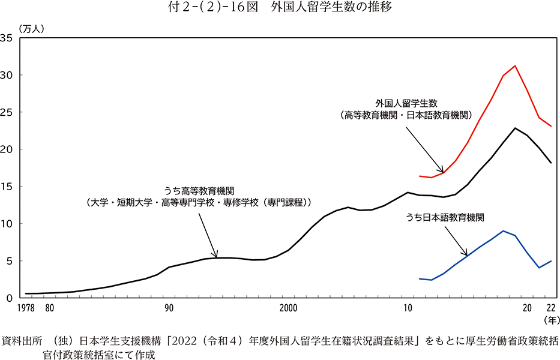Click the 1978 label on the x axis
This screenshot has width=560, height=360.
(x=26, y=308)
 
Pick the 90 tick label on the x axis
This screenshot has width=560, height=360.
(x=169, y=308)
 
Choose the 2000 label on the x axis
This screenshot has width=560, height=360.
(x=289, y=308)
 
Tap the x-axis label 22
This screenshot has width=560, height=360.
(x=550, y=308)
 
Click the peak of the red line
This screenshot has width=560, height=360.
(x=515, y=66)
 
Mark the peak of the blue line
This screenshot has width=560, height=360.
(x=503, y=231)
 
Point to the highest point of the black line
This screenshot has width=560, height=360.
(x=515, y=128)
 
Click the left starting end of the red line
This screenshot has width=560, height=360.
(x=420, y=176)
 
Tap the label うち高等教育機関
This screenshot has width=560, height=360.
(x=199, y=191)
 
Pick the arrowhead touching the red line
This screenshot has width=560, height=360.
(x=442, y=171)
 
